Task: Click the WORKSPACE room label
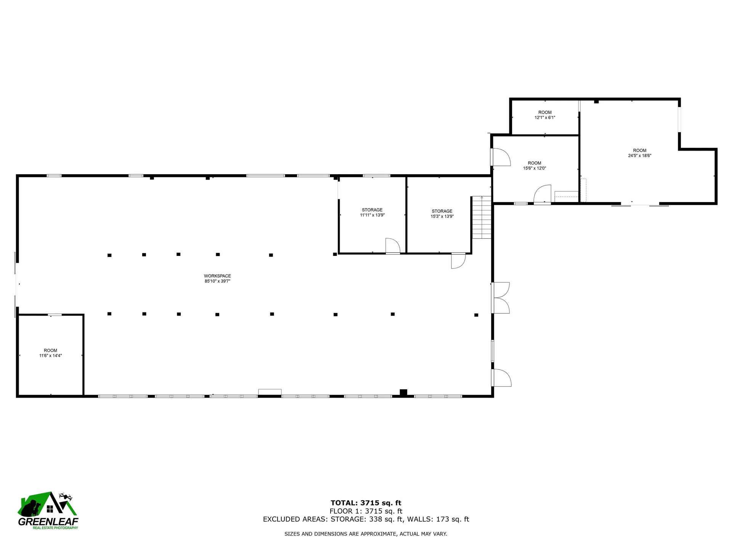(x=217, y=276)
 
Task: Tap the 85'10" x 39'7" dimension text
(x=217, y=281)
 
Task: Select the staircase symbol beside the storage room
(x=482, y=217)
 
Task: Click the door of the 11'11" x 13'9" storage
(x=392, y=246)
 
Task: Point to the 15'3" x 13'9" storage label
(x=442, y=213)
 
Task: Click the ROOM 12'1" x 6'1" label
(x=545, y=115)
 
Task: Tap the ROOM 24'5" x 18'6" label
(x=639, y=153)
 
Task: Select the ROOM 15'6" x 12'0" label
(x=535, y=165)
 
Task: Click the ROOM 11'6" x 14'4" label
(x=50, y=353)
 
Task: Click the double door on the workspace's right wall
(x=500, y=298)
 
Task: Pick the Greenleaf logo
(x=48, y=511)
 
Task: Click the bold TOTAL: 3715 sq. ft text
(x=366, y=503)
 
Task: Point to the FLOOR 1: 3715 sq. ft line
(x=366, y=511)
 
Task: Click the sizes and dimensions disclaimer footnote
(x=366, y=534)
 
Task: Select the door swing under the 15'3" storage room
(x=458, y=261)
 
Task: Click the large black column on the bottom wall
(x=403, y=392)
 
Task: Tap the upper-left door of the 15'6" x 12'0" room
(x=501, y=157)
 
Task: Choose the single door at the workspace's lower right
(x=501, y=378)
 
